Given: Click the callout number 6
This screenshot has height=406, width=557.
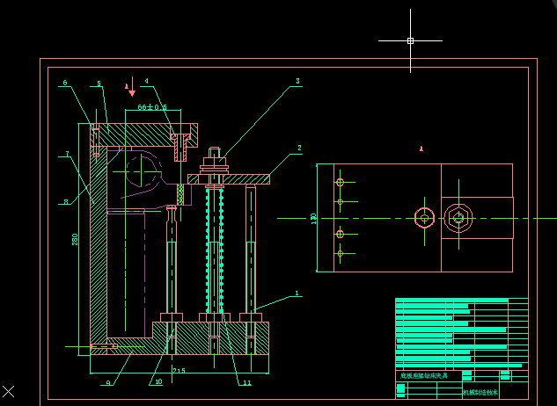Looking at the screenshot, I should click(x=65, y=83).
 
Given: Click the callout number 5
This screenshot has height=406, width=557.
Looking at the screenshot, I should click(x=99, y=84).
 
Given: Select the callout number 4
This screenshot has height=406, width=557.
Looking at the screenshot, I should click(x=146, y=84).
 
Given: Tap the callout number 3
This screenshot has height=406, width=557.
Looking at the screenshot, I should click(x=297, y=81).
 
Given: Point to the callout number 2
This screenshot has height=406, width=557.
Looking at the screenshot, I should click(x=299, y=149).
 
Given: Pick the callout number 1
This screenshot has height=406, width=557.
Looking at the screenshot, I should click(x=297, y=294).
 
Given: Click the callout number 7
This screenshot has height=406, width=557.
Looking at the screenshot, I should click(x=66, y=155).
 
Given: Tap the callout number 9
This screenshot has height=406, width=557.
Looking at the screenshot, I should click(x=107, y=382).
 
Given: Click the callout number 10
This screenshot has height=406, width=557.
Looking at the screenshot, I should click(x=158, y=381).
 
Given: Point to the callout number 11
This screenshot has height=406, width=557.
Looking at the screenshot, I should click(x=247, y=382).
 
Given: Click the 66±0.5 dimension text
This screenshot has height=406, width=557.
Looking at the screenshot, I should click(x=152, y=107).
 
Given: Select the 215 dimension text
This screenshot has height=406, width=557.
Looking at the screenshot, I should click(x=179, y=370).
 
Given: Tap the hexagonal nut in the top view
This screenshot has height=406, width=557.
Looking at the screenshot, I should click(x=458, y=217).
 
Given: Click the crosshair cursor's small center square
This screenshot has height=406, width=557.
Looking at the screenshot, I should click(x=410, y=40).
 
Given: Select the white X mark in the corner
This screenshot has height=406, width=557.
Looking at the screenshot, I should click(x=9, y=390).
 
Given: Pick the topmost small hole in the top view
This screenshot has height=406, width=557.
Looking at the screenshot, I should click(x=340, y=183).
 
